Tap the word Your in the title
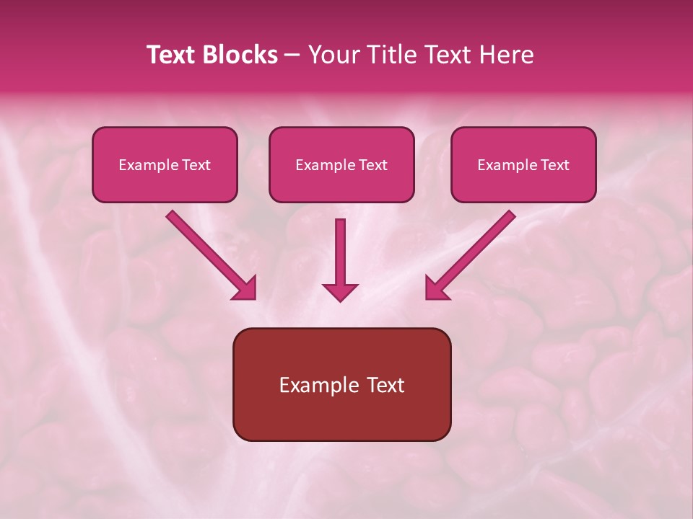(x=334, y=55)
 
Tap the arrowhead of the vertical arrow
(x=340, y=291)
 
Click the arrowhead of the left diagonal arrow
(x=245, y=288)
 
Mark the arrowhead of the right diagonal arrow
(x=437, y=288)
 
